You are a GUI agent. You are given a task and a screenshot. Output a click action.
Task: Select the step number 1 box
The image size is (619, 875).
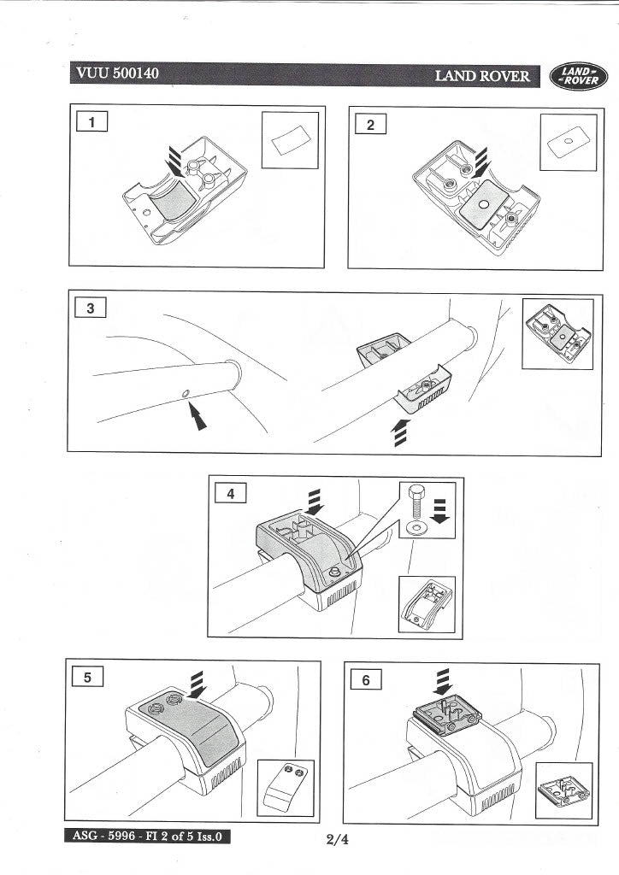91,123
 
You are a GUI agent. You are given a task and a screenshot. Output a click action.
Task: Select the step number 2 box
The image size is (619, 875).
370,125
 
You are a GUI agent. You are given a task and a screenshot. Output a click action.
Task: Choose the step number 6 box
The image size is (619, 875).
366,679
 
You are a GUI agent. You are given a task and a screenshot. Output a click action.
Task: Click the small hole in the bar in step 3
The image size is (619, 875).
186,394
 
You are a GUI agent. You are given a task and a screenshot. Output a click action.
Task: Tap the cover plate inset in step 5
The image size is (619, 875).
286,787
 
